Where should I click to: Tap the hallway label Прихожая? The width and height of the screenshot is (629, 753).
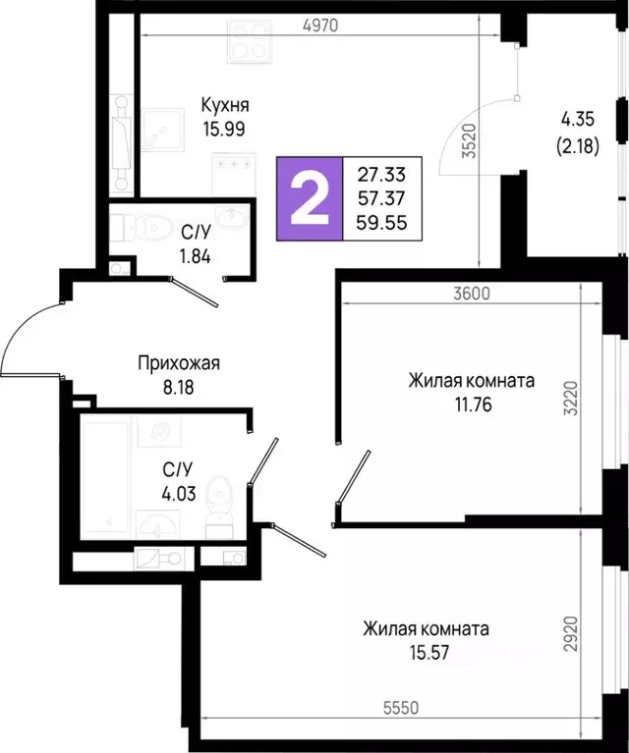pos(178,363)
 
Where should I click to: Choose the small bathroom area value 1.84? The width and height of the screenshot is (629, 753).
pos(197,257)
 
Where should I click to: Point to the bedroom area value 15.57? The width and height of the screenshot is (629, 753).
pos(426,651)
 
